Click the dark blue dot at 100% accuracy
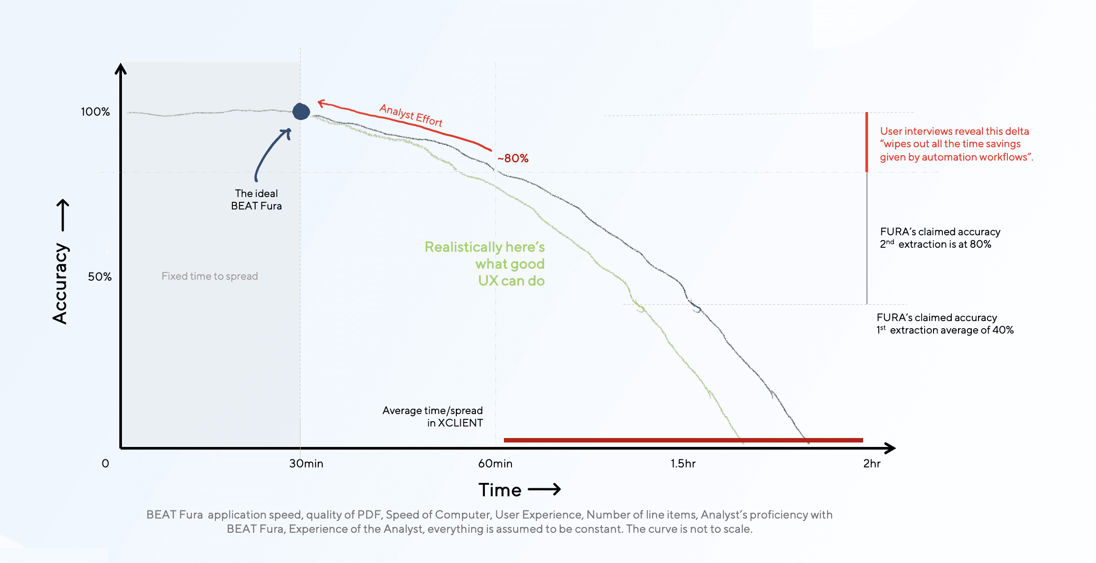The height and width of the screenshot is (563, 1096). coord(301,111)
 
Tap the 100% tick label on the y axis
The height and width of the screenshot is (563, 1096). coord(95,112)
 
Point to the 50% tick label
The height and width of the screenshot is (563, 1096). coord(99,277)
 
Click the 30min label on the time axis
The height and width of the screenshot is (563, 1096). coord(306,463)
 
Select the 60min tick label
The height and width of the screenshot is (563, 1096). coord(495,463)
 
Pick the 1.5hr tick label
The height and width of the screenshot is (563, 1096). coord(683,463)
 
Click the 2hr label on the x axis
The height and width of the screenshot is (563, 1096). coord(872,463)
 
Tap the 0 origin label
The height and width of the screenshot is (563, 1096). coord(105,463)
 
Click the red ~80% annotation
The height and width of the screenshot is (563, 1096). coord(513,158)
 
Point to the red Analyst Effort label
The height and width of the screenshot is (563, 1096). coord(411,115)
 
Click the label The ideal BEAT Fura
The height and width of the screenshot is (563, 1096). coord(256,200)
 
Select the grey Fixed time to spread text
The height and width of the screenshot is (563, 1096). coord(210,276)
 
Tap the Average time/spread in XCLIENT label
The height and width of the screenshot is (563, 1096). coord(433,417)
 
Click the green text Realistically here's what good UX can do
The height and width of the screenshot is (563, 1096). coord(485,264)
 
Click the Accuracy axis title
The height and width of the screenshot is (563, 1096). coord(60,283)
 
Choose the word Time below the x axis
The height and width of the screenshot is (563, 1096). coord(500,490)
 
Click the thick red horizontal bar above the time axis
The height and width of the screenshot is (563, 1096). coord(683,440)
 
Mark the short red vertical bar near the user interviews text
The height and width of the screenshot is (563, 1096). coord(867,142)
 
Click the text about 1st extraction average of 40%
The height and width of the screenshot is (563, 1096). coord(945,324)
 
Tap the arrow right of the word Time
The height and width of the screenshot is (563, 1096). coord(544,490)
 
